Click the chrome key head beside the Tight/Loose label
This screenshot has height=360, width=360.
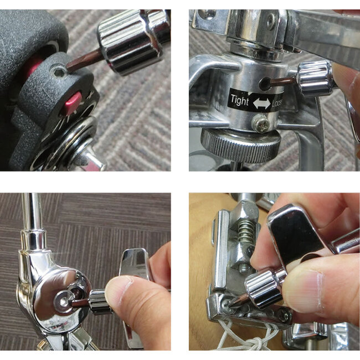tap(314, 78)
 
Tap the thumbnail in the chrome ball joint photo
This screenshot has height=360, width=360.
tap(124, 288)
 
